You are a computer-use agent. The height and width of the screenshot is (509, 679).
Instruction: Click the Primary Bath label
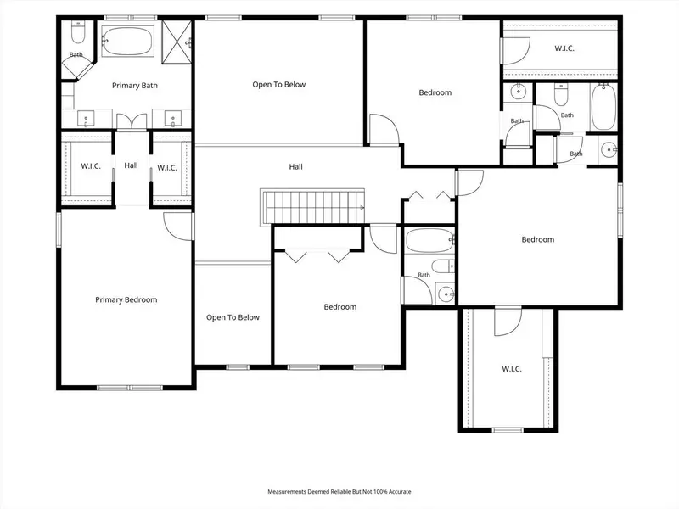tap(135, 86)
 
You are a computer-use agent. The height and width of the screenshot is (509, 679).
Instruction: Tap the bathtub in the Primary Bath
tap(127, 41)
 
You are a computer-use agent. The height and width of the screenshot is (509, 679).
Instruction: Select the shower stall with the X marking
tap(177, 42)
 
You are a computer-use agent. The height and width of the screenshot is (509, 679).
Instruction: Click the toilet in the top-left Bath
tap(78, 33)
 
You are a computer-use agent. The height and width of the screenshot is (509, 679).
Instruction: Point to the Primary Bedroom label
tap(126, 299)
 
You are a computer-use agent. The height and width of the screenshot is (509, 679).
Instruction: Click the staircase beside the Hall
tap(312, 207)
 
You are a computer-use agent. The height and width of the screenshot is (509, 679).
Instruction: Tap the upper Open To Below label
tap(279, 84)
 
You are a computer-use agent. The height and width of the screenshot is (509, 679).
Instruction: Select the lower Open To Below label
tap(233, 317)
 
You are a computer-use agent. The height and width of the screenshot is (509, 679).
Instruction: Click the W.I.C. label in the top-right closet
tap(564, 48)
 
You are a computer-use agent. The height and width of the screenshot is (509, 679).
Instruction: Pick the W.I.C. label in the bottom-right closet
tap(512, 369)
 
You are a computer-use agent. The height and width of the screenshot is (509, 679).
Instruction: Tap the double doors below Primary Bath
tap(132, 121)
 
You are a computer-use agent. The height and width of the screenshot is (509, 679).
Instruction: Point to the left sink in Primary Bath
tap(86, 118)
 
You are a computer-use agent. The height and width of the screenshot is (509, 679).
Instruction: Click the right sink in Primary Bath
tap(173, 118)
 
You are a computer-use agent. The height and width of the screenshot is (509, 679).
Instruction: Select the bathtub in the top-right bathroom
tap(603, 107)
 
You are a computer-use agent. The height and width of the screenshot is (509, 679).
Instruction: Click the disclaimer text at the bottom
tap(339, 492)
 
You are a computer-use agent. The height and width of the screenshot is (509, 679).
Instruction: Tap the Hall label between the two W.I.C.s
tap(131, 165)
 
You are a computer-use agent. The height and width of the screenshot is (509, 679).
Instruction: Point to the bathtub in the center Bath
tap(429, 240)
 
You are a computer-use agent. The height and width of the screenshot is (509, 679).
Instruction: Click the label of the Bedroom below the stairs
tap(340, 307)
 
